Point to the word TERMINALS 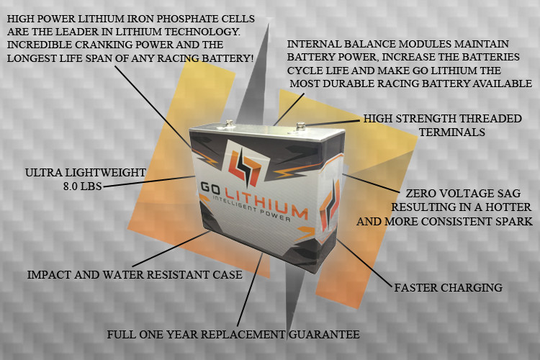point(452,132)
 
